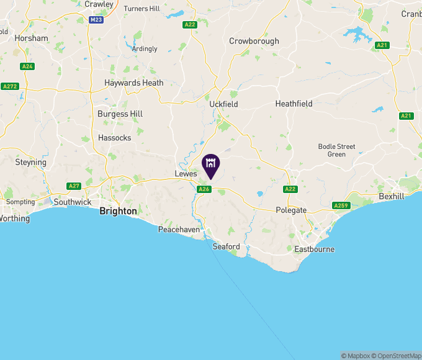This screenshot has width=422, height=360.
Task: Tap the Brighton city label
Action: point(118,211)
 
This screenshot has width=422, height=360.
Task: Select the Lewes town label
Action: point(186,174)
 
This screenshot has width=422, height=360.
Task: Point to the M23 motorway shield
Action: point(96,20)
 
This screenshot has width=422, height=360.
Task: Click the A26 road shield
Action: point(204,189)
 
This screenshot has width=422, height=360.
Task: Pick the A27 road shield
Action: point(74,186)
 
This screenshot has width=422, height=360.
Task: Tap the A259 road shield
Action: point(341,205)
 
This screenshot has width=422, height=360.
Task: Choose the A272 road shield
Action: point(9,86)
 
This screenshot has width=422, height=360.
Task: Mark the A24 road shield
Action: point(27,66)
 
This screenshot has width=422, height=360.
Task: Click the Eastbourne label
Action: point(314,250)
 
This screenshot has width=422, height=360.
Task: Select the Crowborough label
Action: point(254,41)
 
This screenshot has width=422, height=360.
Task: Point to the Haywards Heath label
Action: point(134,83)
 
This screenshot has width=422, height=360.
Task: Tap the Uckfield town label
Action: point(223,104)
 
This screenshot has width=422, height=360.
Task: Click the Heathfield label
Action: point(294,104)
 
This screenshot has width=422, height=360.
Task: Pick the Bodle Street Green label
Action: point(336,150)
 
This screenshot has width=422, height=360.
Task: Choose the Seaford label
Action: point(226,246)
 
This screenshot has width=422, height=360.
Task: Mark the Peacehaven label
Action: point(179,230)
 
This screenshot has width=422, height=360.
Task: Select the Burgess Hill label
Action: point(120,114)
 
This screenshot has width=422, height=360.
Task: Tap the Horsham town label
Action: point(31,38)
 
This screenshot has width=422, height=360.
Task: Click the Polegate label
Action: point(291,210)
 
